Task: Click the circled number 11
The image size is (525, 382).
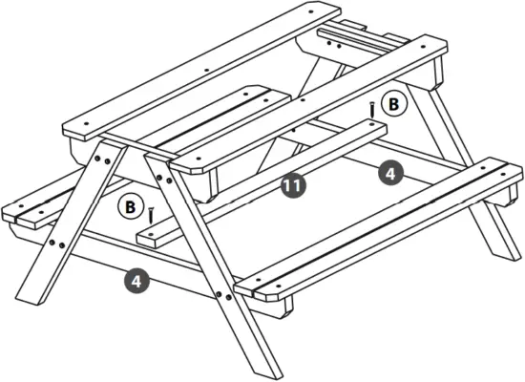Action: click(x=293, y=186)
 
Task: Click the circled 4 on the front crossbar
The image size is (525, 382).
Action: click(x=137, y=282)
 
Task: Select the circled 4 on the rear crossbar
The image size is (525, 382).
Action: click(x=388, y=173)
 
